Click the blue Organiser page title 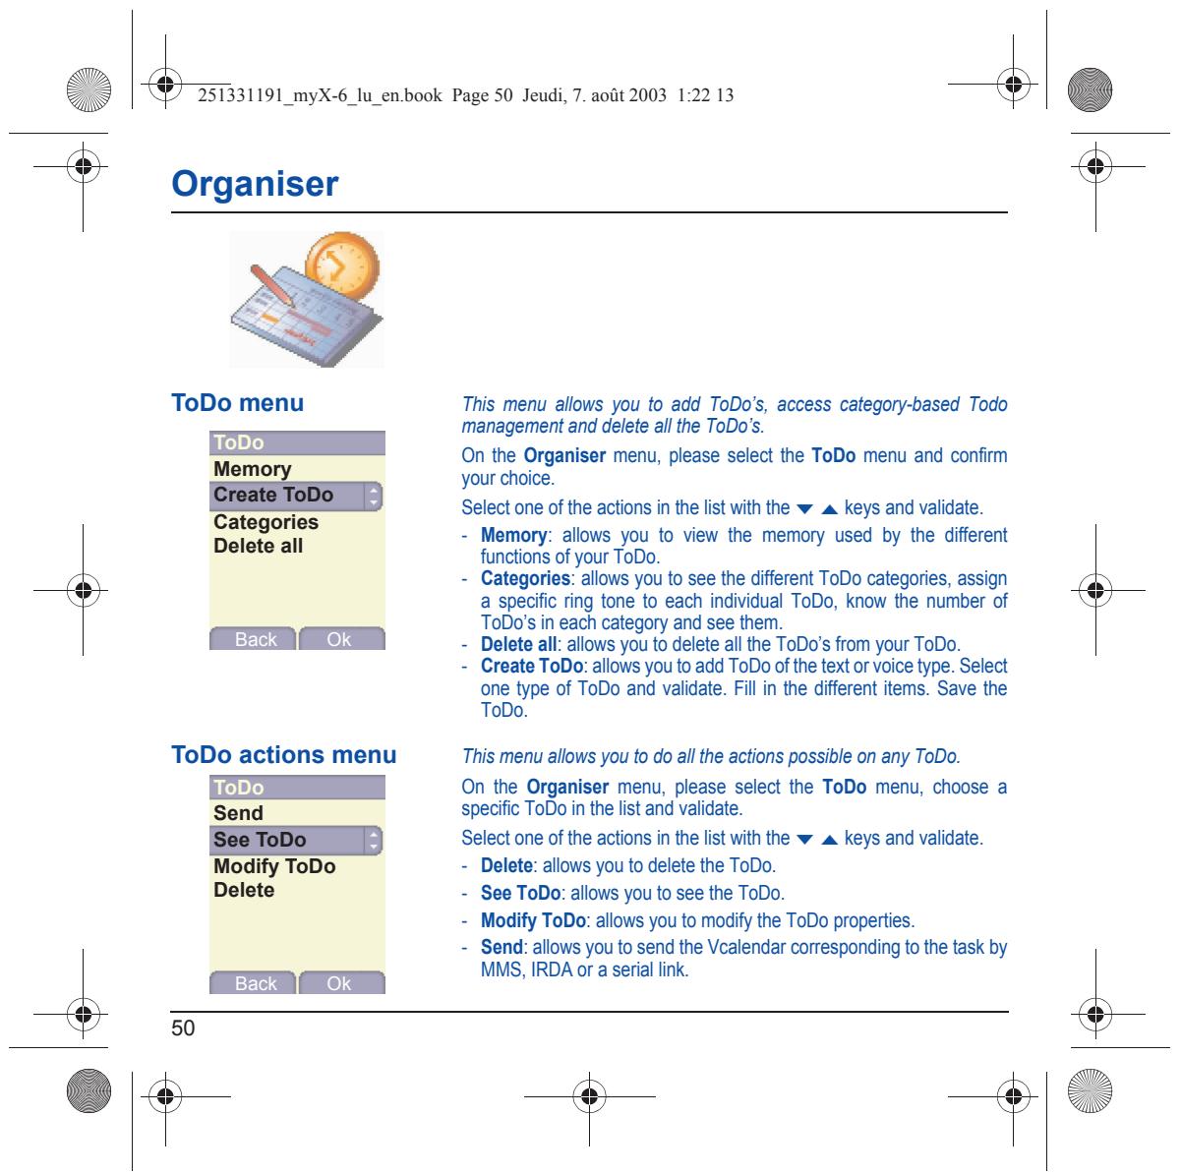pyautogui.click(x=255, y=184)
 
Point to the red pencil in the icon pyautogui.click(x=272, y=284)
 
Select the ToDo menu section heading pyautogui.click(x=237, y=403)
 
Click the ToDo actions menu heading pyautogui.click(x=284, y=754)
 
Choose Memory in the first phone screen pyautogui.click(x=252, y=470)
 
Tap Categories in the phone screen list pyautogui.click(x=266, y=521)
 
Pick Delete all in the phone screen pyautogui.click(x=258, y=546)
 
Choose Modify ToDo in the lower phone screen pyautogui.click(x=274, y=866)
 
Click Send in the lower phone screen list pyautogui.click(x=238, y=813)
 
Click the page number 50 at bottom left pyautogui.click(x=183, y=1028)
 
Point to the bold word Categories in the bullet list pyautogui.click(x=525, y=578)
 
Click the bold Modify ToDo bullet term pyautogui.click(x=533, y=920)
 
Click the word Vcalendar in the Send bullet pyautogui.click(x=745, y=948)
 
